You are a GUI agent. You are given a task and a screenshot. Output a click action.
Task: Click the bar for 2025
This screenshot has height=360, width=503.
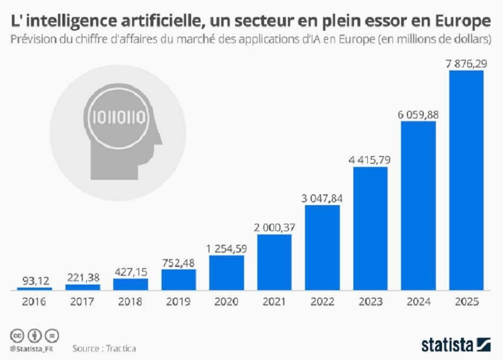(466, 179)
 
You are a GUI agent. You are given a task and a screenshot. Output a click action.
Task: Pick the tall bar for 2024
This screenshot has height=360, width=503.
(418, 205)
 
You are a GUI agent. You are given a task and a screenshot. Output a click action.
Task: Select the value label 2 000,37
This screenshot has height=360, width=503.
(274, 226)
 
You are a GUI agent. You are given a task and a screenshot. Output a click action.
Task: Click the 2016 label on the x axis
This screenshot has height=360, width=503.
(35, 301)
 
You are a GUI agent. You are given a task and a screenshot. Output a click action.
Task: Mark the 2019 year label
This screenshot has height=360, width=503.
(178, 301)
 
